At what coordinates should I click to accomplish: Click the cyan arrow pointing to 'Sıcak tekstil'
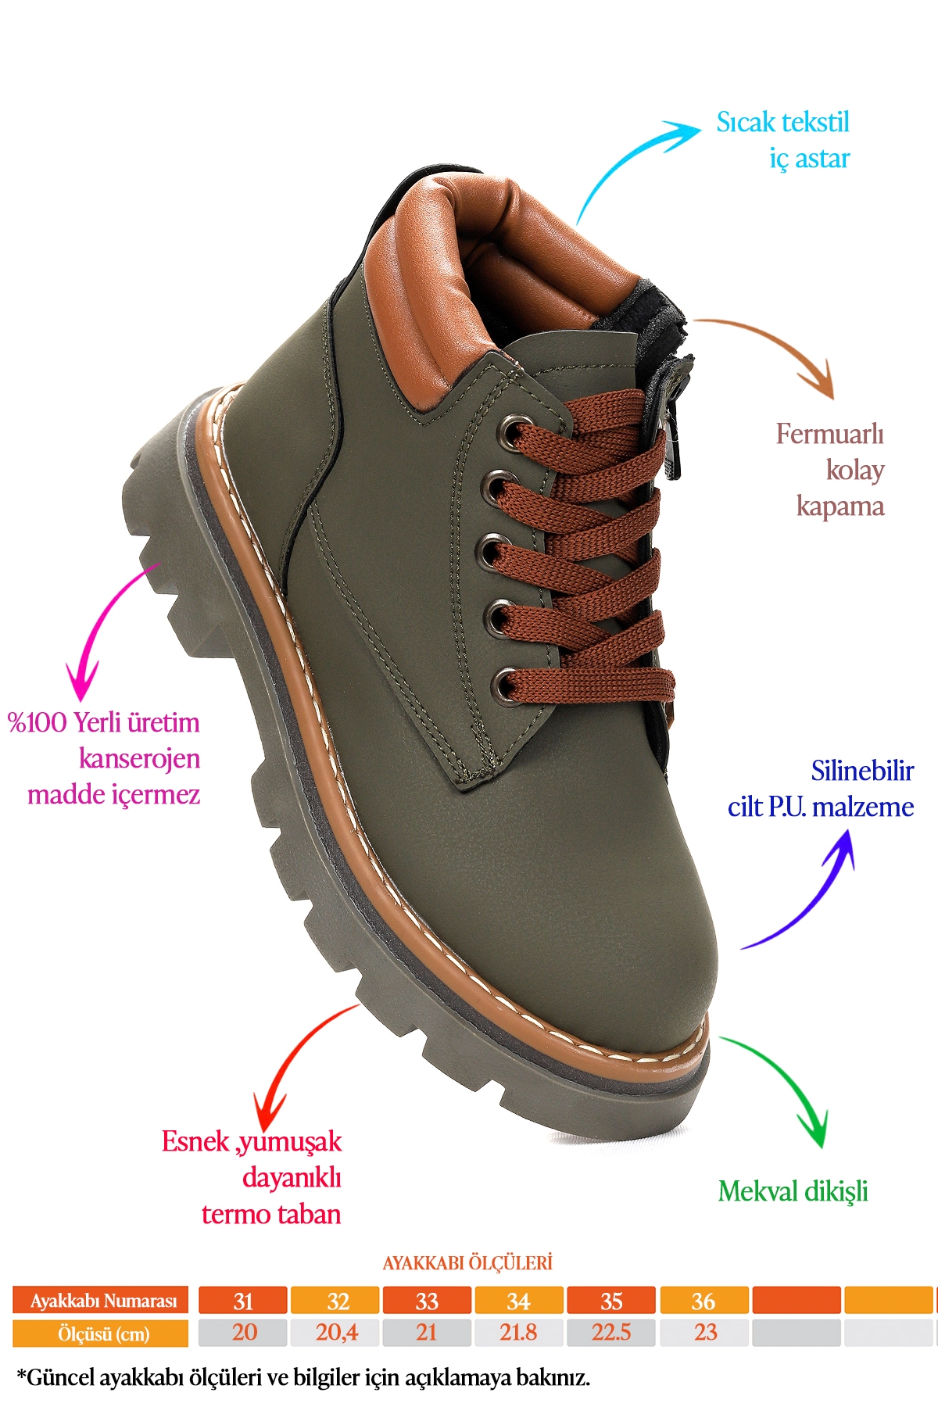pyautogui.click(x=625, y=156)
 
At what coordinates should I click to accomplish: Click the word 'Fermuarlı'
pyautogui.click(x=829, y=434)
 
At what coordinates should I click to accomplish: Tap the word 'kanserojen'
pyautogui.click(x=139, y=758)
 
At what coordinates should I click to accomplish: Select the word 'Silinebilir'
pyautogui.click(x=862, y=771)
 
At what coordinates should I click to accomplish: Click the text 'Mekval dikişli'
pyautogui.click(x=793, y=1191)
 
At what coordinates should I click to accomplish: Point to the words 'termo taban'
pyautogui.click(x=271, y=1214)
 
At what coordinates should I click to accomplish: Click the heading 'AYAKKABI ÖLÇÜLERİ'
pyautogui.click(x=467, y=1263)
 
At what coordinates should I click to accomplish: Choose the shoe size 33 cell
pyautogui.click(x=427, y=1301)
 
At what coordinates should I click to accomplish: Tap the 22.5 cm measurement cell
pyautogui.click(x=611, y=1332)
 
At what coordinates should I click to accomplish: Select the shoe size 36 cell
pyautogui.click(x=703, y=1301)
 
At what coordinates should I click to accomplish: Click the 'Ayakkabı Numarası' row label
pyautogui.click(x=101, y=1301)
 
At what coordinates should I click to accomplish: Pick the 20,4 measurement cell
pyautogui.click(x=335, y=1332)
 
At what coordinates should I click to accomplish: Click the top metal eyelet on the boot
pyautogui.click(x=514, y=431)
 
